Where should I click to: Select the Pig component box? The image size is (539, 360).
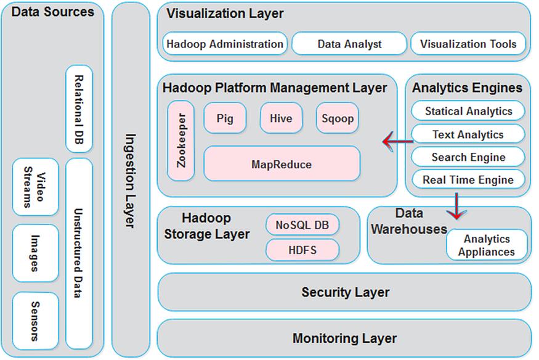[x=225, y=118]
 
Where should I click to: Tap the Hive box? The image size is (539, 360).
[x=281, y=118]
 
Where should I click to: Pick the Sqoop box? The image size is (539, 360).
[x=337, y=118]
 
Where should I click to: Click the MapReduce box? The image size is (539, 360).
[x=282, y=164]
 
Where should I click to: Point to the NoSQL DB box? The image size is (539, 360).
[x=302, y=225]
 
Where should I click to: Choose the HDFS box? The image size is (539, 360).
[x=302, y=250]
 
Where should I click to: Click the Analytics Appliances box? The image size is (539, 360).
[x=487, y=245]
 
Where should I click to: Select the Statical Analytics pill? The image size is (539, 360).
[x=468, y=112]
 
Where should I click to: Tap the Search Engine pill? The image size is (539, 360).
[x=468, y=157]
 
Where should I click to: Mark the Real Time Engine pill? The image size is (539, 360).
[x=468, y=180]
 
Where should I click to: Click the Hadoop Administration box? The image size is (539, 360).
[x=225, y=44]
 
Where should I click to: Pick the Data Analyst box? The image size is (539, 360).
[x=349, y=44]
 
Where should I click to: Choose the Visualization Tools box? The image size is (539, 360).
[x=469, y=44]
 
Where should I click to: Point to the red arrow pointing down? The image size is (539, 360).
[x=456, y=207]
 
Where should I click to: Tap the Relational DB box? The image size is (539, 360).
[x=79, y=109]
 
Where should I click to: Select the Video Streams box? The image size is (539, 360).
[x=35, y=187]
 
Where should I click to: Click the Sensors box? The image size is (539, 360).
[x=35, y=321]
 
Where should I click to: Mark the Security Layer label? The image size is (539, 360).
[x=345, y=292]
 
